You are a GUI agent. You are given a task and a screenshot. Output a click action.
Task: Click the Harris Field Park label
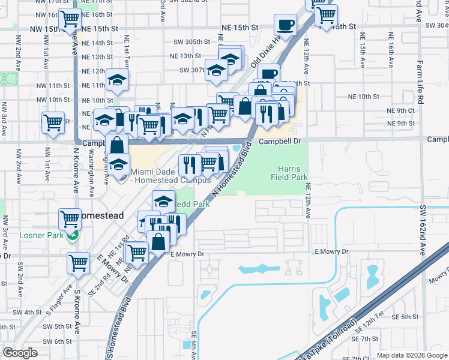(x=292, y=173)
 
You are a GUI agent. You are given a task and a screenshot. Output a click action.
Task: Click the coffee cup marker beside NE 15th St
(x=285, y=25)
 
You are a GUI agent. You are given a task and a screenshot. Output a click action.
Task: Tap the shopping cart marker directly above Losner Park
(x=70, y=218)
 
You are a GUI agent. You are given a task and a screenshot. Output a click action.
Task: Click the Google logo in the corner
(x=20, y=353)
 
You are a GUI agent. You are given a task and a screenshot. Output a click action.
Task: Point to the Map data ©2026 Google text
(x=411, y=355)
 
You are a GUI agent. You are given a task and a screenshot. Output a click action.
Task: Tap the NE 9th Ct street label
(x=401, y=111)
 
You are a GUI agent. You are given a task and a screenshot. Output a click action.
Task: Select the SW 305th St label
(x=191, y=42)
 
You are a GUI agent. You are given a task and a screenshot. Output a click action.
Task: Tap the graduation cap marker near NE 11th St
(x=117, y=80)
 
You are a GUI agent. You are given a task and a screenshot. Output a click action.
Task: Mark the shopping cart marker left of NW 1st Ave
(x=53, y=122)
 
